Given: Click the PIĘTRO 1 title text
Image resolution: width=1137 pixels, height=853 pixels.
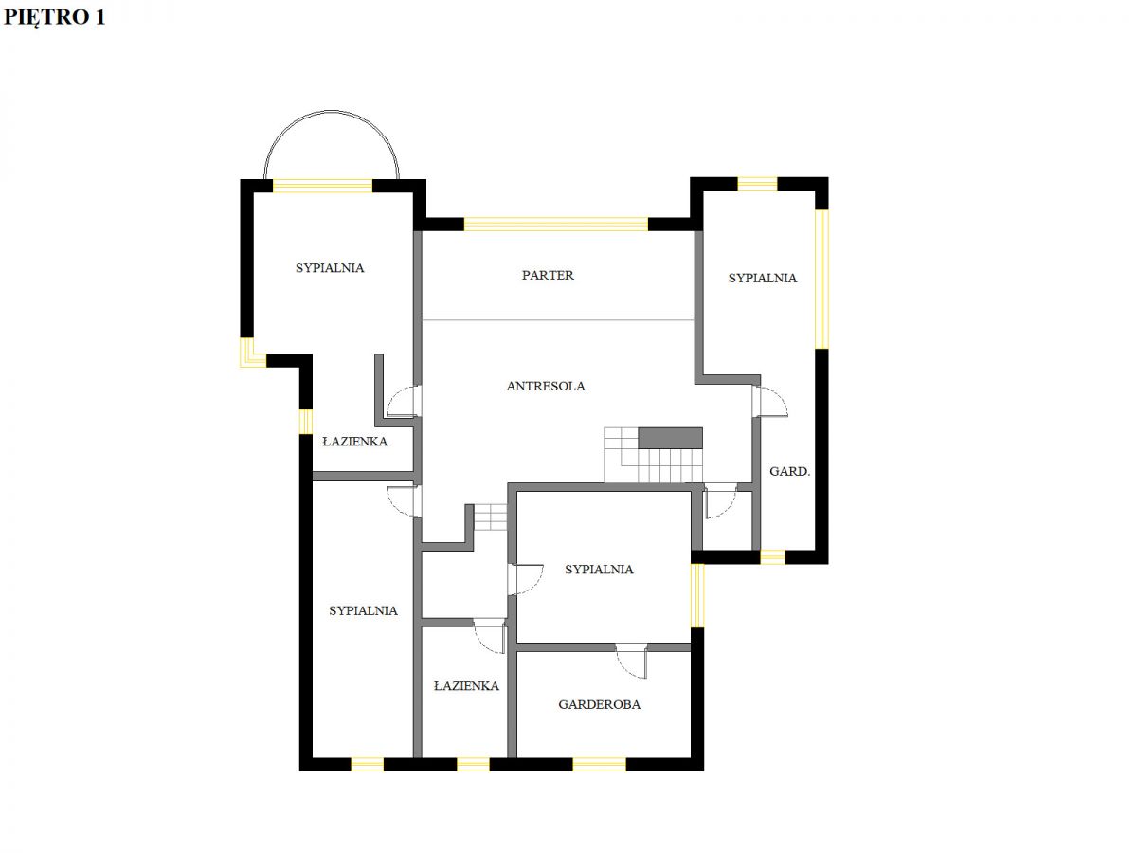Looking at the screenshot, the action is pos(54,17).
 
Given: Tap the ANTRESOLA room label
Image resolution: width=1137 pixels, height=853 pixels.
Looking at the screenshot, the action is pos(546,386).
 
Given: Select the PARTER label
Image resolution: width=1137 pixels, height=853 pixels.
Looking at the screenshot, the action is pos(548,275).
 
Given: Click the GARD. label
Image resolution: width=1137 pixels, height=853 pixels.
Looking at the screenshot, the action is pos(789,471).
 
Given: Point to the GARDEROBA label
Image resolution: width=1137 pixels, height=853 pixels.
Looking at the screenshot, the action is pos(600,704).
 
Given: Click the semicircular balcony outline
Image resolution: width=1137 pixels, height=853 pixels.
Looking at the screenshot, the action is pos(332,111).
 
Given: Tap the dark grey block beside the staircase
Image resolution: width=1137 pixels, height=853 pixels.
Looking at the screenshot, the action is pos(670,438).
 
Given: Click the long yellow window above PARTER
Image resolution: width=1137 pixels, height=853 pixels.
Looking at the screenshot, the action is pos(556,225).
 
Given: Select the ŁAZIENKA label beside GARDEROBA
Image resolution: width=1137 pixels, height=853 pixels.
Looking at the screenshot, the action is pos(466,686).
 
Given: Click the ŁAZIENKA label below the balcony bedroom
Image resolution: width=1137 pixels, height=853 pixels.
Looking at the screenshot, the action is pos(354,442).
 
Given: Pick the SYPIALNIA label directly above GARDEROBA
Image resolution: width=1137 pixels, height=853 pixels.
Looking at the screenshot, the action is pos(599,570).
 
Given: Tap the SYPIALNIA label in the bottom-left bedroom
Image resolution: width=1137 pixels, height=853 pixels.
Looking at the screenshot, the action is pos(363,610).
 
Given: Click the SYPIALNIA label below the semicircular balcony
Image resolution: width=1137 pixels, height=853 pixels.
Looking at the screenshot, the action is pos(330,268).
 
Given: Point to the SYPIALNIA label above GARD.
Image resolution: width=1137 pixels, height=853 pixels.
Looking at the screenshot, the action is pos(762,278).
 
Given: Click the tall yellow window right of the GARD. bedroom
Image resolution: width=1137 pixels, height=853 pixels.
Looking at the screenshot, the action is pos(822,280).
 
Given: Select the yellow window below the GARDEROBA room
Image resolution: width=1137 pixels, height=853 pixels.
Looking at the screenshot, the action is pos(600,765).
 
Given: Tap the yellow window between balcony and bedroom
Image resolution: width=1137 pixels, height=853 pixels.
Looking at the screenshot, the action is pos(323,186).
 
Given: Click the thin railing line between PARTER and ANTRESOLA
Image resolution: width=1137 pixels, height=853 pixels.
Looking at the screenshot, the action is pos(558,319).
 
